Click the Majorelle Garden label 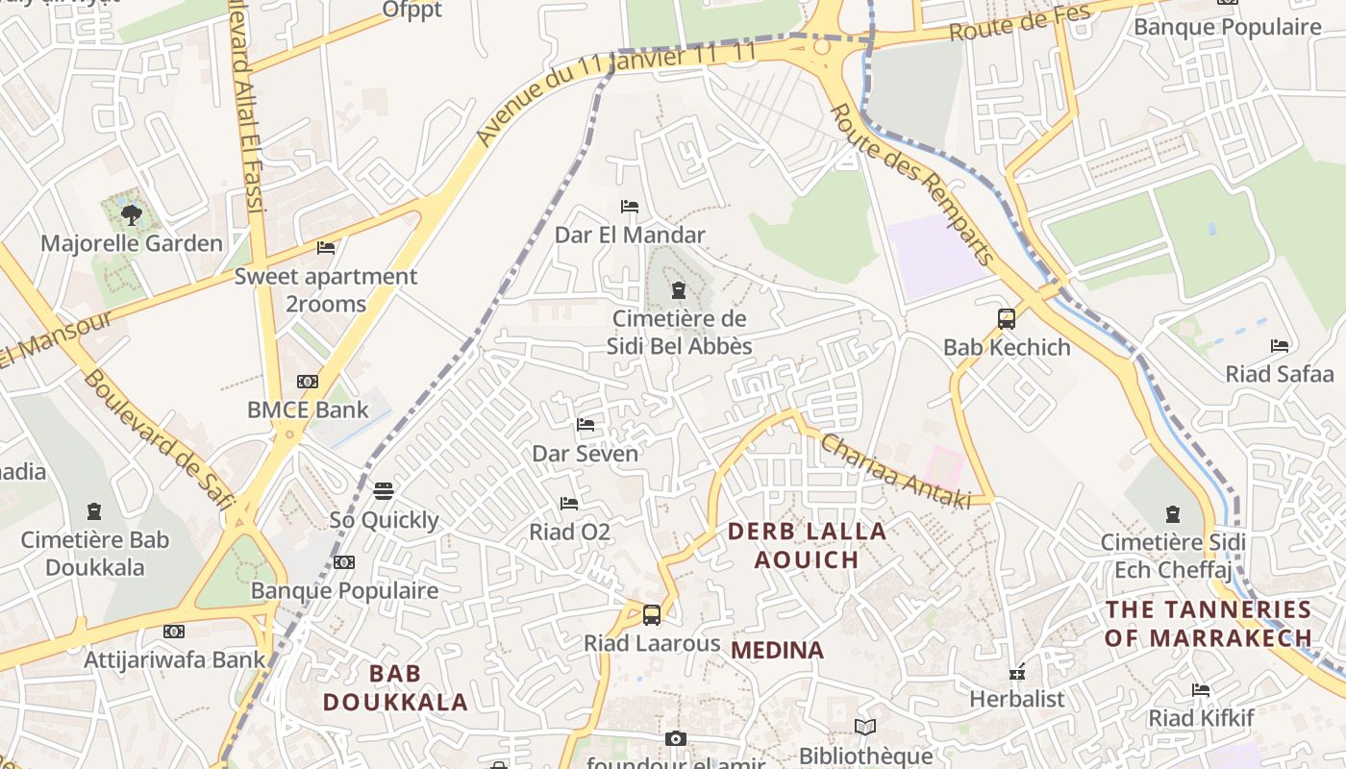coord(132,243)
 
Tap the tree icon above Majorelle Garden coord(131,215)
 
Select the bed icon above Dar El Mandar coord(630,207)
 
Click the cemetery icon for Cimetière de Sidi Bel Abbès coord(679,290)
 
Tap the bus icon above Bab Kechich coord(1007,319)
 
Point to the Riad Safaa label coord(1280,374)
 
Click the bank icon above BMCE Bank coord(308,382)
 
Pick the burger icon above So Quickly coord(384,492)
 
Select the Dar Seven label coord(586,453)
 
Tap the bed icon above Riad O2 coord(569,504)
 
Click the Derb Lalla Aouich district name coord(807,545)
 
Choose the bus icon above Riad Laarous coord(652,615)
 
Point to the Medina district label coord(777,651)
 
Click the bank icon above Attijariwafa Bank coord(174,632)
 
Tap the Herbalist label coord(1017,699)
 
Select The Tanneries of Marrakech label coord(1209,623)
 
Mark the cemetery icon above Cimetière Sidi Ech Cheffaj coord(1172,514)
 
